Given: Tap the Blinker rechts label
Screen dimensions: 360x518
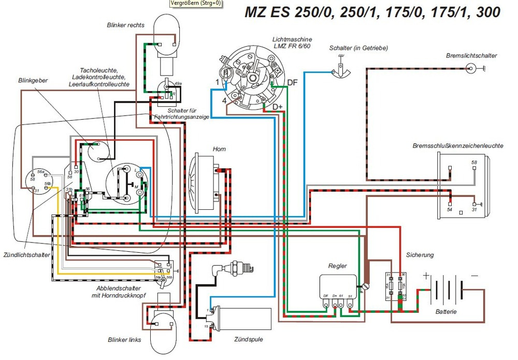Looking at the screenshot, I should click(126, 25).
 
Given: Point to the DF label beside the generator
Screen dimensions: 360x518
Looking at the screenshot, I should click(293, 83).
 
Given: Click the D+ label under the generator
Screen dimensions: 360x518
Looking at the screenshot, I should click(278, 107).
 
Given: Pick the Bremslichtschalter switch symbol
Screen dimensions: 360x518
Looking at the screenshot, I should click(471, 68).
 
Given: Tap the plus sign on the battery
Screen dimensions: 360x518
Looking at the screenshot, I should click(426, 276).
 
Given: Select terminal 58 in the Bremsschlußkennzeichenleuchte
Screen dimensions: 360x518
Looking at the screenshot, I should click(474, 163).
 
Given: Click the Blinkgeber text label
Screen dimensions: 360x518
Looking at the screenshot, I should click(32, 81).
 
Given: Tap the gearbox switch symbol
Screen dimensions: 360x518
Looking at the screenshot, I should click(341, 70).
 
